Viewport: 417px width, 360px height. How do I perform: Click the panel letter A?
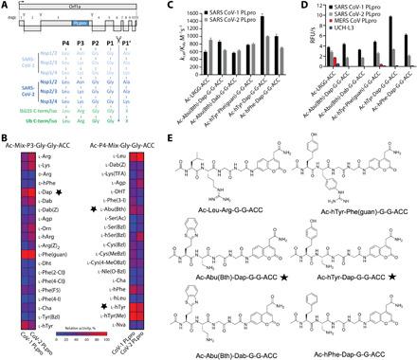[5, 5]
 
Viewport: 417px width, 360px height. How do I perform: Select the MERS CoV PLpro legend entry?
[365, 27]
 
